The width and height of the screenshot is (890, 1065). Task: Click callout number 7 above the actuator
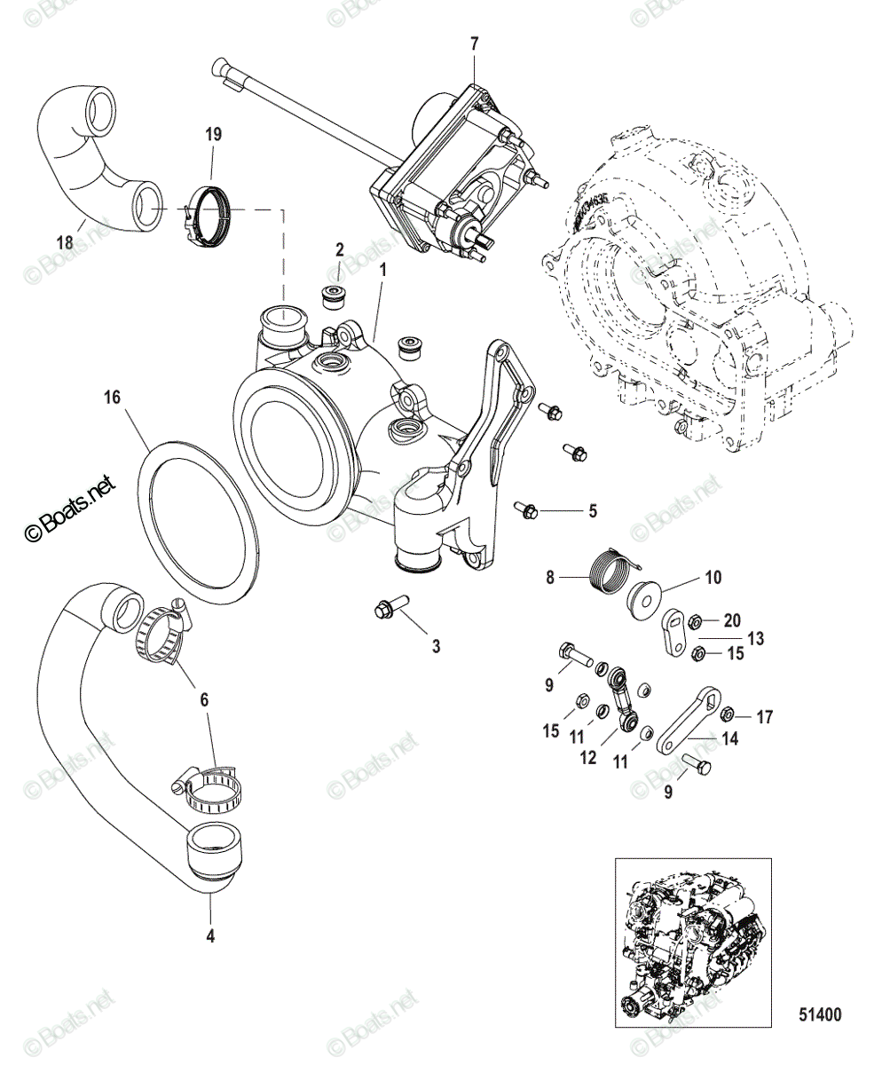coord(474,43)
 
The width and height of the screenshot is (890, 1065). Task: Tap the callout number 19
coord(213,135)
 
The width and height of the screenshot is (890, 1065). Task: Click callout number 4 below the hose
coord(210,935)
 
